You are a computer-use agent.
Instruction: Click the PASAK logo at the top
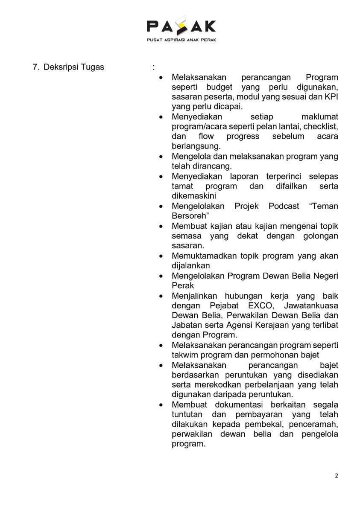point(181,26)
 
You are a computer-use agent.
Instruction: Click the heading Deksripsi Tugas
point(73,67)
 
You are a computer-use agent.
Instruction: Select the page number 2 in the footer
point(336,476)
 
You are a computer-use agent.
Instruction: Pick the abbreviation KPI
point(331,97)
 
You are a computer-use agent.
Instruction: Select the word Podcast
point(284,206)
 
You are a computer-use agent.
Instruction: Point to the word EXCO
point(260,305)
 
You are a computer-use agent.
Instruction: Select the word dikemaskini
point(194,196)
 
